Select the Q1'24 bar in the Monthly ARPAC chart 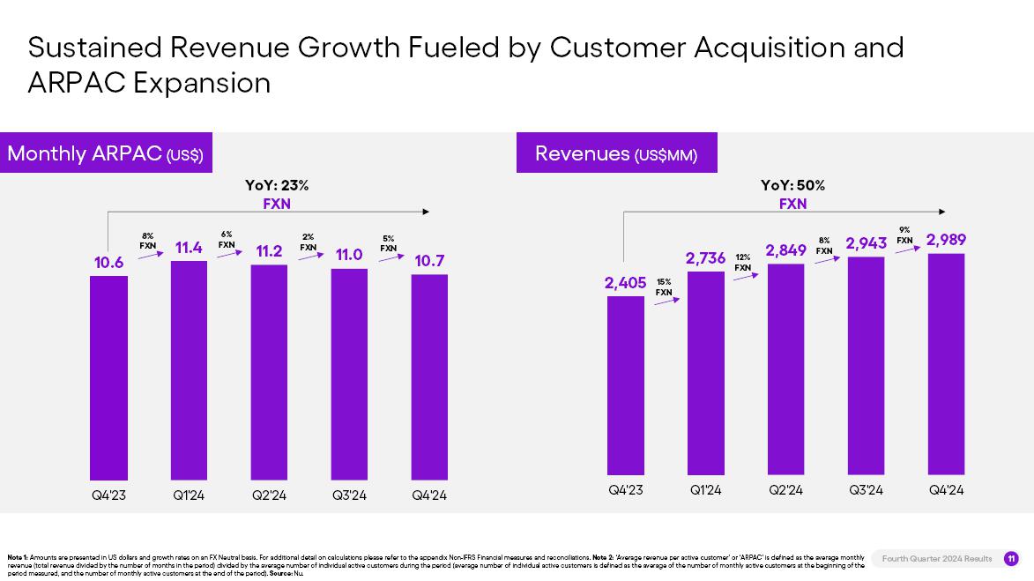pos(189,370)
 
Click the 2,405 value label pos(625,283)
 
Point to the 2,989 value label pos(946,240)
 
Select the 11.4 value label pos(189,249)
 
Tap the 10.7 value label pos(429,261)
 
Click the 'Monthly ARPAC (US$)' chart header pos(106,153)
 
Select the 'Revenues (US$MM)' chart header pos(616,153)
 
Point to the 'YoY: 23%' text pos(276,185)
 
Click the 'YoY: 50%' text pos(792,185)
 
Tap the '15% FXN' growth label pos(664,287)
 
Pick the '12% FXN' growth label pos(743,262)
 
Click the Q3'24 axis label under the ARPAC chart pos(349,495)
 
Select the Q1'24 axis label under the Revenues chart pos(705,490)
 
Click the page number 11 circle pos(1011,558)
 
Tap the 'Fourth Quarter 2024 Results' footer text pos(936,558)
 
